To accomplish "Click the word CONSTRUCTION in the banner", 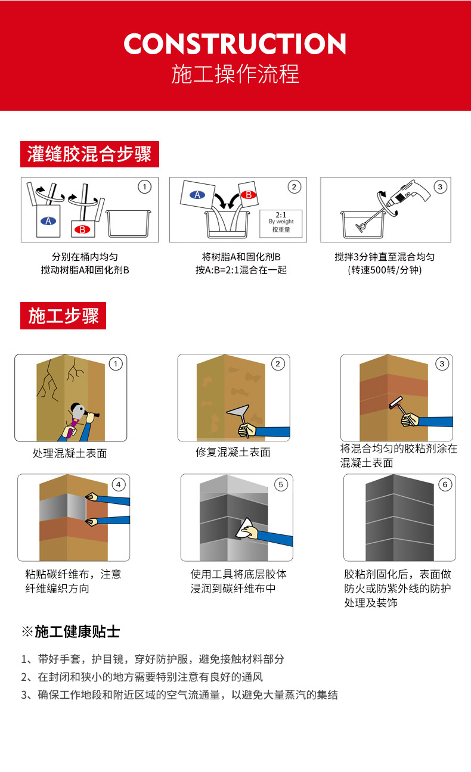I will point(235,44).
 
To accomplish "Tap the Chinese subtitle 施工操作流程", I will point(235,74).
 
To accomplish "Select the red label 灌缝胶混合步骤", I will point(89,154).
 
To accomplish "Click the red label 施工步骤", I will point(63,316).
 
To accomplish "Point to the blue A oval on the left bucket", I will point(48,221).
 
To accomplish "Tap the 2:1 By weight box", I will point(281,221).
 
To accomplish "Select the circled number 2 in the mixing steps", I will point(294,186).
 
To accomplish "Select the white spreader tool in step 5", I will point(244,528).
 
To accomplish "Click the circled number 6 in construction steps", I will point(445,484).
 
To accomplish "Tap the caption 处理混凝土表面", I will point(70,453).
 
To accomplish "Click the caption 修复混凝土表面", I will point(233,453).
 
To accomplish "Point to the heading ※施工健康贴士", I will point(70,631).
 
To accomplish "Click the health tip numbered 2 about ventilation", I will point(142,677).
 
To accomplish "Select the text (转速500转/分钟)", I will point(385,270).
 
